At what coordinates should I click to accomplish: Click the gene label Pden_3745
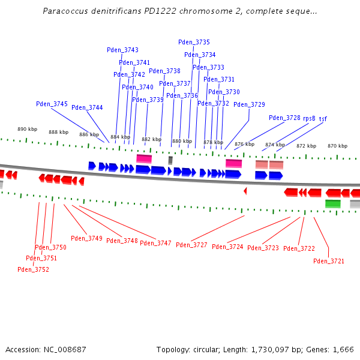[52, 104]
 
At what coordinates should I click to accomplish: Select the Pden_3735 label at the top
[194, 42]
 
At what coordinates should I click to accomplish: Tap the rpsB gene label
[309, 118]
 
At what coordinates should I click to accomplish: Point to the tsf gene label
[323, 118]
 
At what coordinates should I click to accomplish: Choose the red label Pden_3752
[33, 269]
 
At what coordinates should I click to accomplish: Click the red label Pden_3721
[329, 261]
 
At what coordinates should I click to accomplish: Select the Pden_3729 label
[249, 104]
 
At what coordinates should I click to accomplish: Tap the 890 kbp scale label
[27, 129]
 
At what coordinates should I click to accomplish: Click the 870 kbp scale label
[337, 146]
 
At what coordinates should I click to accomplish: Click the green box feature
[332, 204]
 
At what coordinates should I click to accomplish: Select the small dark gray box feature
[170, 160]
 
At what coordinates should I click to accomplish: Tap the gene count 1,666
[343, 349]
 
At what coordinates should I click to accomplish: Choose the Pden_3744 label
[87, 107]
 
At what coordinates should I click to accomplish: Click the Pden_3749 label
[86, 238]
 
